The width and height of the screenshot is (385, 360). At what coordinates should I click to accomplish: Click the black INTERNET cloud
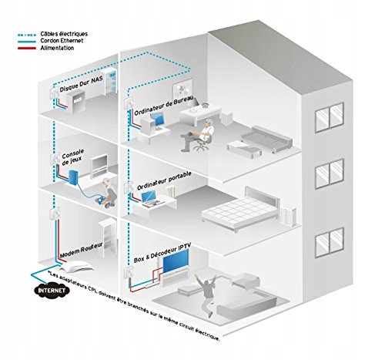point(52,291)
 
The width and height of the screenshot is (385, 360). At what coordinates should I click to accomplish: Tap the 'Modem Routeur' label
point(82,250)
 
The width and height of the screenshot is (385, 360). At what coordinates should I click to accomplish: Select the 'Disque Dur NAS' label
point(82,84)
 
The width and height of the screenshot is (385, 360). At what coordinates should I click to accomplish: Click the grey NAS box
point(77,103)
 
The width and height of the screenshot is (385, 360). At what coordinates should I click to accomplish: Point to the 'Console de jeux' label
point(72,157)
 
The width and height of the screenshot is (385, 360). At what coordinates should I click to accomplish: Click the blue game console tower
point(73,177)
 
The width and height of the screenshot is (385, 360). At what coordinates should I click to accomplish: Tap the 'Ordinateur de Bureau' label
point(164,106)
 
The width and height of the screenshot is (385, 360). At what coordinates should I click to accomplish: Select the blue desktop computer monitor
point(157,120)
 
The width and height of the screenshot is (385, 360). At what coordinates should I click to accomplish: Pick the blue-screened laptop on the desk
point(150,199)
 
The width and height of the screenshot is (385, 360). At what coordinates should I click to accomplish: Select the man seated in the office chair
point(199,135)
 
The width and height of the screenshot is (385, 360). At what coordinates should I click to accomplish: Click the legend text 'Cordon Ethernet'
point(62,41)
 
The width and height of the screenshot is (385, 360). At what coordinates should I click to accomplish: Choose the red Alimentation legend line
point(27,48)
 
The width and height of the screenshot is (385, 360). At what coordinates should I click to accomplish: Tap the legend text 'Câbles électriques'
point(64,34)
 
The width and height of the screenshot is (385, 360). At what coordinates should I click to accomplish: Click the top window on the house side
point(330,117)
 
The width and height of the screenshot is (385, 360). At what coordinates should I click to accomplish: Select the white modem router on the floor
point(75,266)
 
